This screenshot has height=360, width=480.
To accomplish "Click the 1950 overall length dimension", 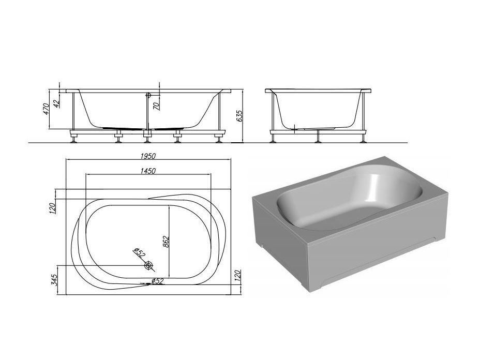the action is point(148,156).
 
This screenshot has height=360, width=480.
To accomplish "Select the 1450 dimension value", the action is point(148,171).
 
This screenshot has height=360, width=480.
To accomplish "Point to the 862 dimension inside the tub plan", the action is point(166,242).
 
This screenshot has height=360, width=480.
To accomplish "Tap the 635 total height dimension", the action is point(239,116).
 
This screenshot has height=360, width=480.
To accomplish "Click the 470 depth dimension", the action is point(46,109).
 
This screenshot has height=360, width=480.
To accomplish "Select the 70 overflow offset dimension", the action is point(156,106).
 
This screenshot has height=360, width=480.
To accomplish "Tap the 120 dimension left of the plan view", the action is point(52,208).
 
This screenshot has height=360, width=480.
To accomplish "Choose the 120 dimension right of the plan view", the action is point(238,276).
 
